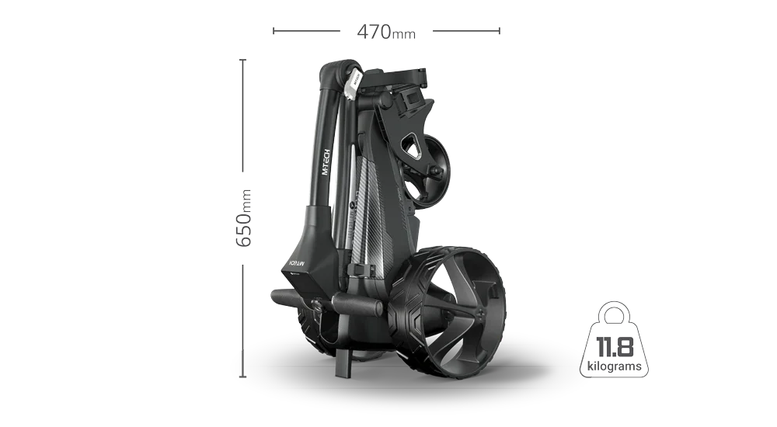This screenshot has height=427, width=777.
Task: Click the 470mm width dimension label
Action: (385, 32)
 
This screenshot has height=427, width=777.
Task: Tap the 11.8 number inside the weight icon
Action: (613, 344)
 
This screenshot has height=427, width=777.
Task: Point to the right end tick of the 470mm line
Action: (502, 31)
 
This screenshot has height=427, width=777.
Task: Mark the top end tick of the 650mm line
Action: (242, 60)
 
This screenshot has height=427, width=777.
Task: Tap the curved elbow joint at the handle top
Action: (333, 74)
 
